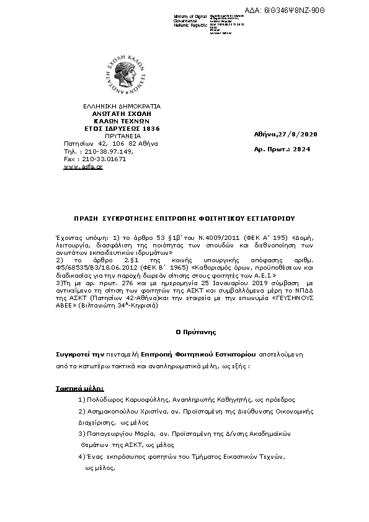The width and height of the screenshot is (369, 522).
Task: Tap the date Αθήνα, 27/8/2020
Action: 285,135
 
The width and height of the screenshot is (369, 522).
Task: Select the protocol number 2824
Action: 301,149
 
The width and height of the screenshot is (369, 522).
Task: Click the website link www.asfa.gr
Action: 83,167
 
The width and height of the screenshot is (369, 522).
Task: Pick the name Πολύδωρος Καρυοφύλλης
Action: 125,400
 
